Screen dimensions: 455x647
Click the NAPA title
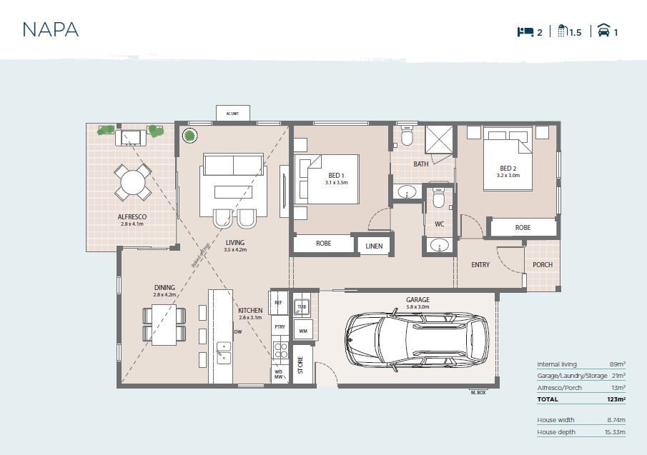coord(50,30)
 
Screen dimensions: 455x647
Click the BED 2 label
coord(508,168)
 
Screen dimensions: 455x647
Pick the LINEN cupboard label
coord(374,246)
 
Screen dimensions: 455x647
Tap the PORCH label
coord(543,264)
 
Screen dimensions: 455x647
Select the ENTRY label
coord(480,265)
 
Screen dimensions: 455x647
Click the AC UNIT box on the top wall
coord(233,114)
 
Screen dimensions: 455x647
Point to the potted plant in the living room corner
coord(190,136)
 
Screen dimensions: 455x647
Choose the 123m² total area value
coord(616,399)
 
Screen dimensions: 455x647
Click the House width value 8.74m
coord(616,420)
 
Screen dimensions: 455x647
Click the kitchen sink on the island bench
coord(224,352)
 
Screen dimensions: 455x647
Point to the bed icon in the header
coord(525,31)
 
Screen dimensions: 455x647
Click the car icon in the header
coord(604,31)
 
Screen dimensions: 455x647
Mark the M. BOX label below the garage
coord(478,393)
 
